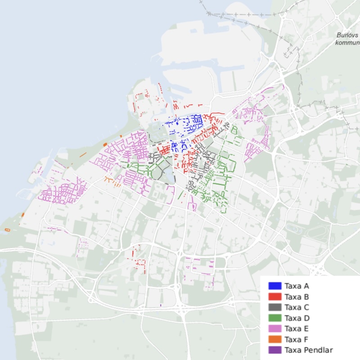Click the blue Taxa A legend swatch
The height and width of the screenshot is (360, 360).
pos(274,286)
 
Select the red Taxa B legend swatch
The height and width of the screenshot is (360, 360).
pos(274,297)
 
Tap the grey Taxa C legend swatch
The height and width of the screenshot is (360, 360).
pos(274,307)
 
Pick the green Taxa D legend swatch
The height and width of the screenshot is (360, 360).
pos(274,318)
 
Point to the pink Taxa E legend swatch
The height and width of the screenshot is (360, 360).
pos(274,328)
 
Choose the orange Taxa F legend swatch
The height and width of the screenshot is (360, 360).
pos(274,339)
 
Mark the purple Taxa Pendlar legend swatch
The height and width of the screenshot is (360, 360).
pos(274,350)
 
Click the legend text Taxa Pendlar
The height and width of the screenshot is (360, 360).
pos(309,350)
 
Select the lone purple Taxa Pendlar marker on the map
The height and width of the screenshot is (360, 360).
pos(161,306)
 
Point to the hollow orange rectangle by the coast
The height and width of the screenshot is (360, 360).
pos(7,230)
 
